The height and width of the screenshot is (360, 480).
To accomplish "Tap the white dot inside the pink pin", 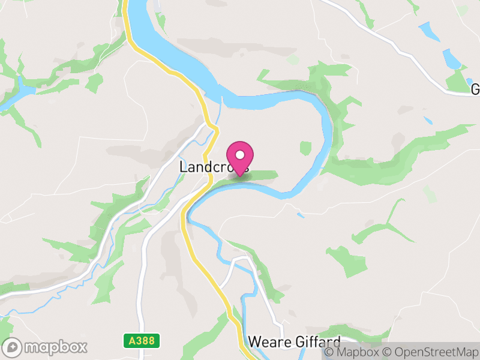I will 241,155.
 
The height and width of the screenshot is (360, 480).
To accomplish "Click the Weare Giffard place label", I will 294,342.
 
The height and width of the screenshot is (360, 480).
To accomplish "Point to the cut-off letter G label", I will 475,89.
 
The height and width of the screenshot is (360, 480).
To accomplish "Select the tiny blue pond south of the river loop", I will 300,215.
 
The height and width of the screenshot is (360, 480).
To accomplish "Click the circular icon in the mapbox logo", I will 13,347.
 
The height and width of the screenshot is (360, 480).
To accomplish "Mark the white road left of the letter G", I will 420,69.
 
